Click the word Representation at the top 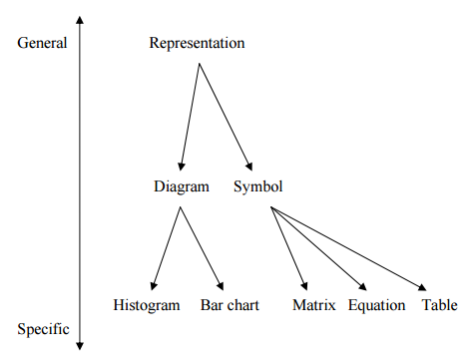pos(197,43)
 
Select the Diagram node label pos(182,185)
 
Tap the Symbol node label pos(257,185)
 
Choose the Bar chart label pos(229,305)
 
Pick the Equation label pos(376,305)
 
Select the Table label pos(439,305)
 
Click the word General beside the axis pos(42,43)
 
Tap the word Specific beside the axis pos(43,330)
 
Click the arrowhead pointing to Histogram pos(153,286)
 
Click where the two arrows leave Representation pos(199,64)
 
